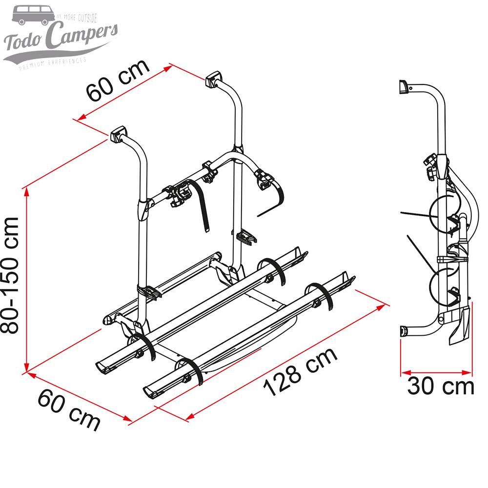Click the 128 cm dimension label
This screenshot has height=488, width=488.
(x=300, y=372)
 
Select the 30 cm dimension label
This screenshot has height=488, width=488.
(x=441, y=386)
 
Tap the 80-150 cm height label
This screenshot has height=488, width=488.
(x=11, y=275)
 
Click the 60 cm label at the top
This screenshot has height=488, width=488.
(x=118, y=80)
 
